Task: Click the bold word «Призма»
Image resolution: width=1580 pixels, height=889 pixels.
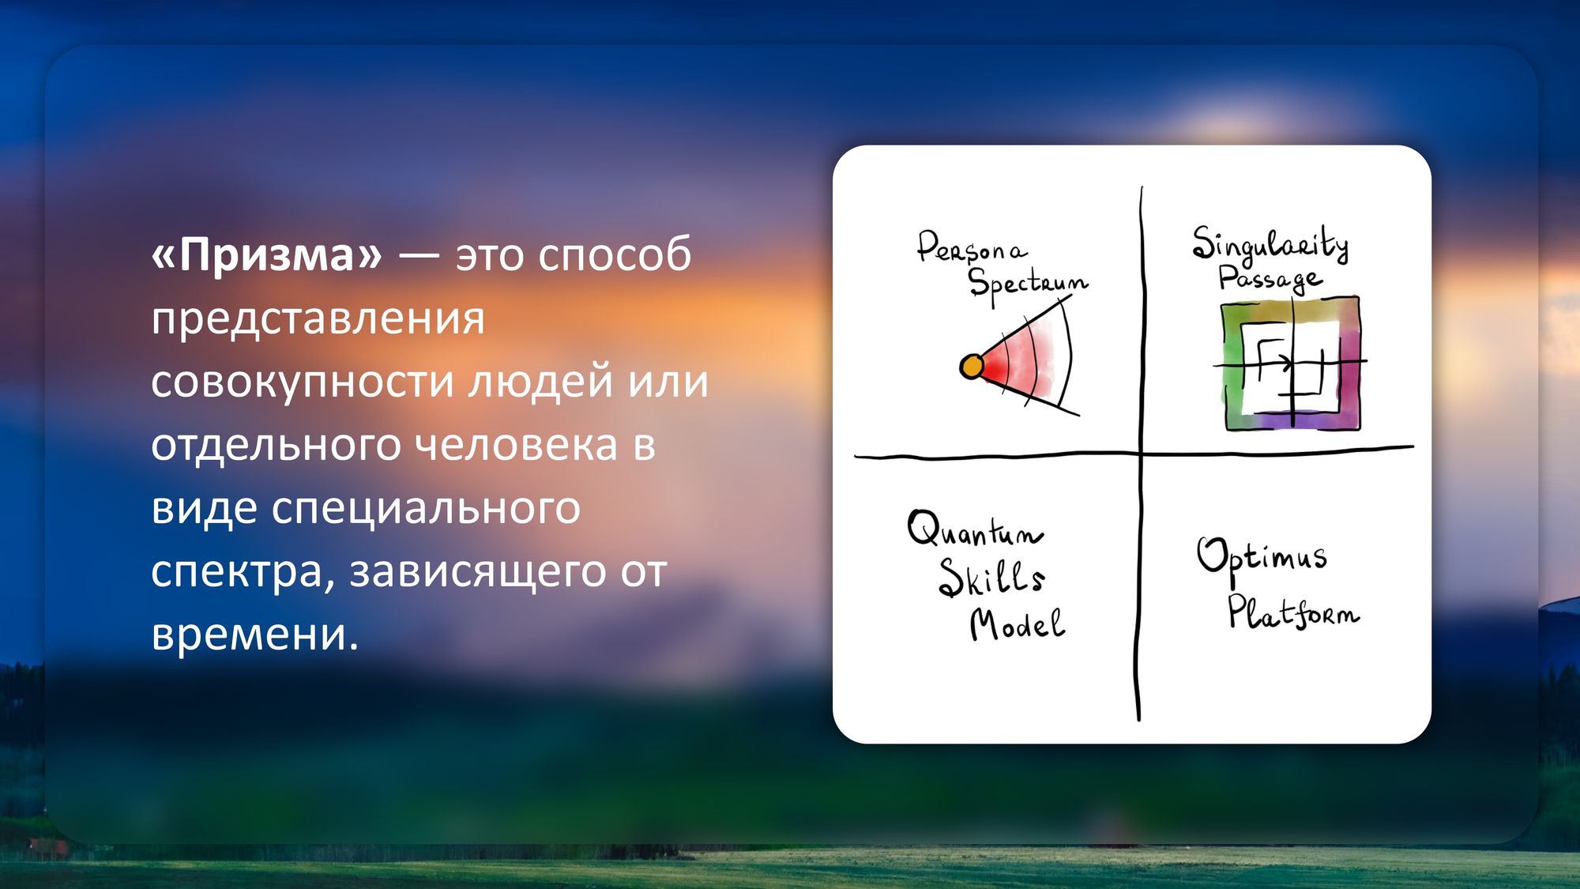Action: [x=266, y=254]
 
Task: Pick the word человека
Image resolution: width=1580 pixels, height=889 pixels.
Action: [x=516, y=444]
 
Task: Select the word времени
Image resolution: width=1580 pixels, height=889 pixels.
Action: [x=254, y=635]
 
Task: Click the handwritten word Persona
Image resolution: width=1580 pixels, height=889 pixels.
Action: [x=972, y=247]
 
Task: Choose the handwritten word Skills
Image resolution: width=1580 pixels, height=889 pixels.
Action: [x=992, y=578]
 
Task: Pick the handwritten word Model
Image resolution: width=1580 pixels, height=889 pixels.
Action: [x=1018, y=624]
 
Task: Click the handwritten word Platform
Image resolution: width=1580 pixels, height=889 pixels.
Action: [x=1293, y=612]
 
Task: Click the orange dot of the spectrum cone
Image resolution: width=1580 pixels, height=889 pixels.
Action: [x=972, y=367]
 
